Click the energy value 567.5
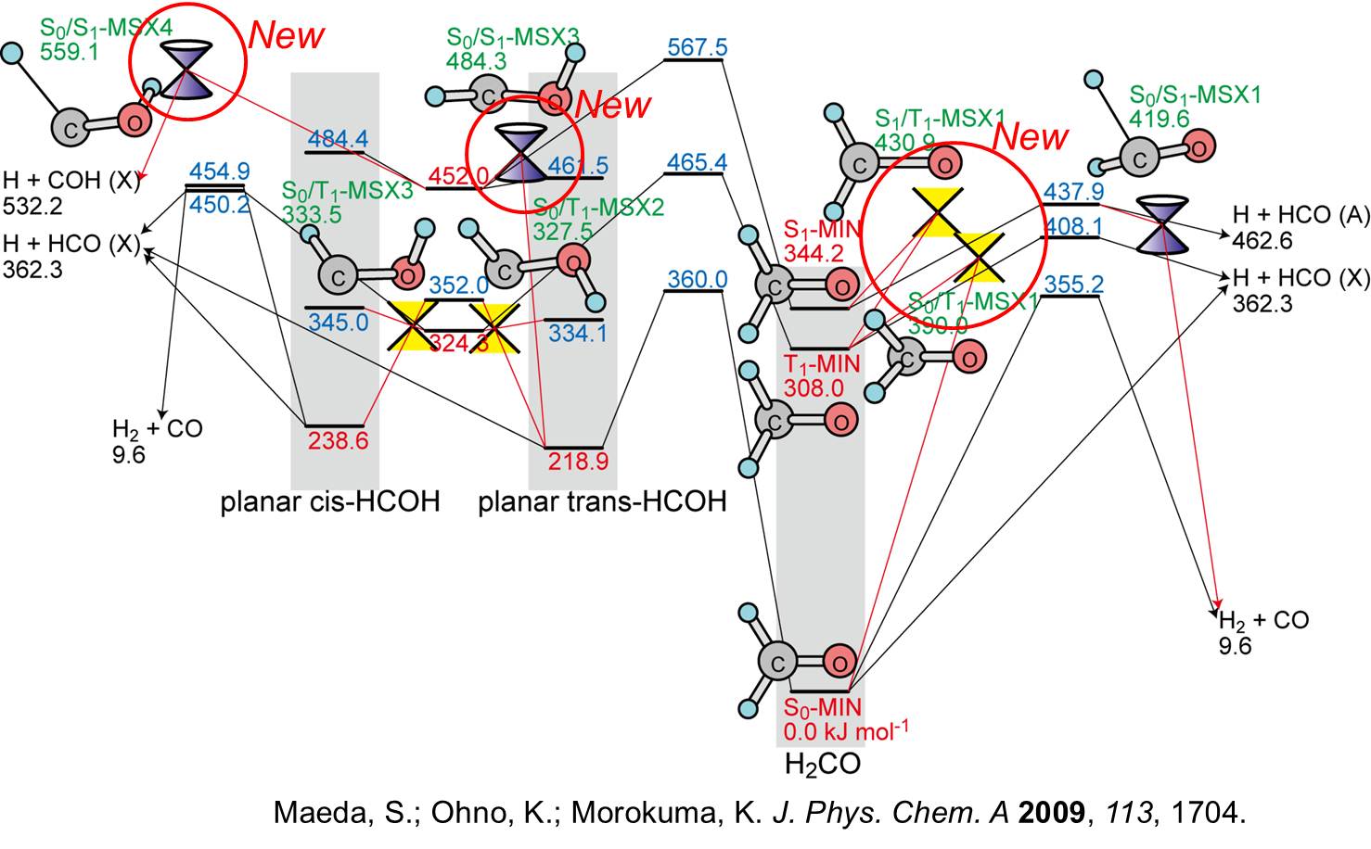pos(698,46)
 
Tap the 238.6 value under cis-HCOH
pos(338,440)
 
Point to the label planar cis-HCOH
pos(330,502)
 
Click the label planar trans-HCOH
pos(602,502)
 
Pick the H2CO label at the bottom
pos(822,765)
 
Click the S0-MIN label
pos(823,707)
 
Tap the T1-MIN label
pos(822,363)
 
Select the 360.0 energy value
pos(698,279)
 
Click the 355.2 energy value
pos(1073,283)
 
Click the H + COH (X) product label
pos(71,179)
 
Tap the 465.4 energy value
pos(698,163)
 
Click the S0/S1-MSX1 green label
pos(1195,95)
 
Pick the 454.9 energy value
pos(220,172)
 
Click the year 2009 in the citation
pos(1051,813)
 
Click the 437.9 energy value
pos(1073,191)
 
